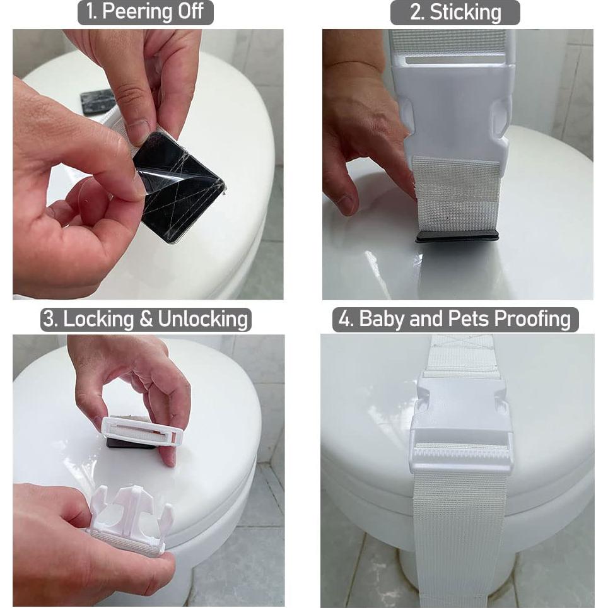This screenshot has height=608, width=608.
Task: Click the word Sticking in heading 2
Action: [465, 13]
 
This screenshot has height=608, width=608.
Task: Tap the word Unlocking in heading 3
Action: [202, 319]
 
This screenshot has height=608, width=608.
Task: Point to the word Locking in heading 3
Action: [98, 319]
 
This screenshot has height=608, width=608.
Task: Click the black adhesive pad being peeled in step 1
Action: [179, 189]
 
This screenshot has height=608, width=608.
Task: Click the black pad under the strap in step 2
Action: [457, 236]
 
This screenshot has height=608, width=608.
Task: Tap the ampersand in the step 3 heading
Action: [146, 319]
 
